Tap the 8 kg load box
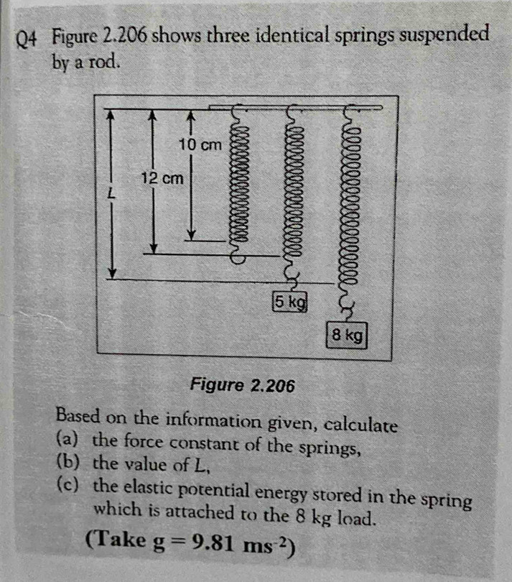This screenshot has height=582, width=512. pos(348,334)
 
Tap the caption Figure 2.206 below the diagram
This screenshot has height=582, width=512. pos(242,386)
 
